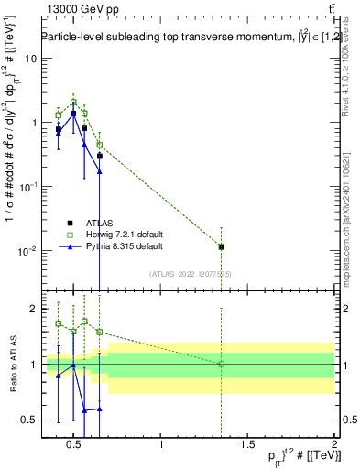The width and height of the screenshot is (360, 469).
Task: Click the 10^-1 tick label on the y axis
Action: click(x=27, y=187)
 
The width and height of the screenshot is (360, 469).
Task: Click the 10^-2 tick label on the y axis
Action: click(x=27, y=251)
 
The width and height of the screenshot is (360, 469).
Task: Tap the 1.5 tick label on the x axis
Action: click(x=247, y=446)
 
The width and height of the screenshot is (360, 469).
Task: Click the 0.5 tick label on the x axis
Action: click(x=75, y=446)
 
